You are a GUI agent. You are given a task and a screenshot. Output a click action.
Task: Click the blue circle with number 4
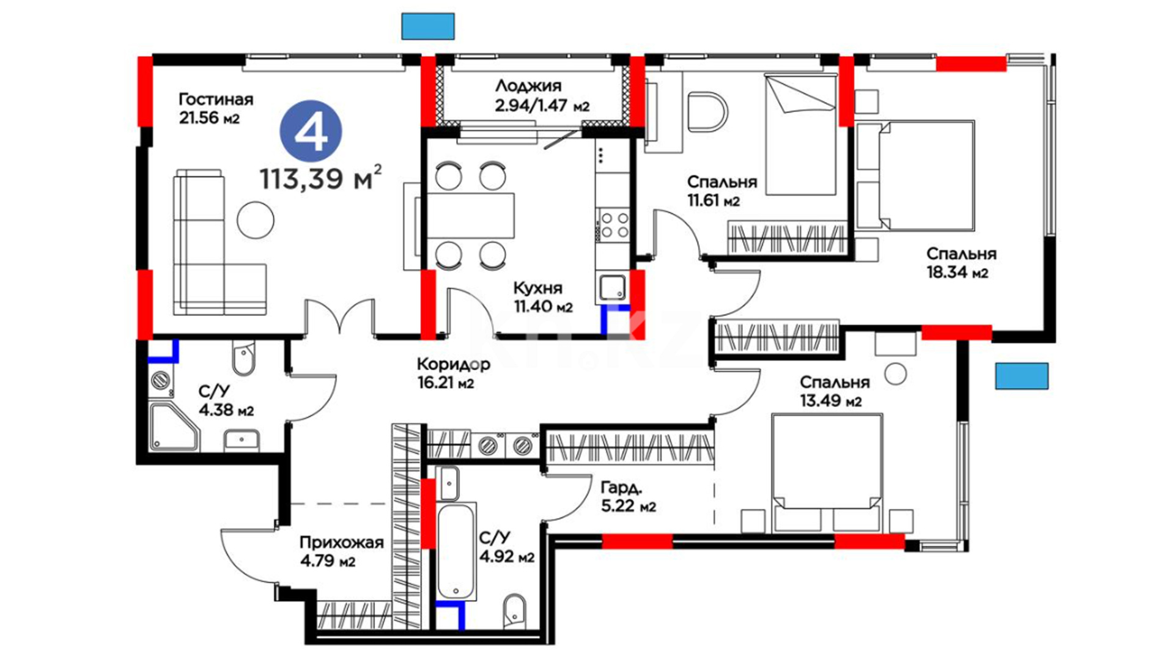(311, 131)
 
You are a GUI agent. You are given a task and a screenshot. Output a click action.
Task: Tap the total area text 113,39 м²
(321, 178)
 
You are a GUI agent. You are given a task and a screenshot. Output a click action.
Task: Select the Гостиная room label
(216, 99)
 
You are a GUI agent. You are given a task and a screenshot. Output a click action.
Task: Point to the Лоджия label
(528, 86)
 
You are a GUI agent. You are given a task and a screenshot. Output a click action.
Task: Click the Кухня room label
(537, 288)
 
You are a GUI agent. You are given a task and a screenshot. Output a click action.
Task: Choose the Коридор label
(453, 364)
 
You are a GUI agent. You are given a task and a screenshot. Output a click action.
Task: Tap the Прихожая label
(341, 543)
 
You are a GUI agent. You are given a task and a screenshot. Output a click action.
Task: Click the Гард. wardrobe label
(621, 488)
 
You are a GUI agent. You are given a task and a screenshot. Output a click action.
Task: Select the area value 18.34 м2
(957, 273)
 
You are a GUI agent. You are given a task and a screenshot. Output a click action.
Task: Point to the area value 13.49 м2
(831, 401)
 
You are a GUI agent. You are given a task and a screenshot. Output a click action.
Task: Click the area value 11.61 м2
(714, 200)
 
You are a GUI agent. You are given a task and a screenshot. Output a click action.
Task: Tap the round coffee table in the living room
(256, 219)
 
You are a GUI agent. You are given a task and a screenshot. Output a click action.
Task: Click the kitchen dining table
(470, 216)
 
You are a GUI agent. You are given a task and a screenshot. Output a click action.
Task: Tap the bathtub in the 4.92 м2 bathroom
(457, 552)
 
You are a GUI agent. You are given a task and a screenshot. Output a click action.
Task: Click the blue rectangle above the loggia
(428, 26)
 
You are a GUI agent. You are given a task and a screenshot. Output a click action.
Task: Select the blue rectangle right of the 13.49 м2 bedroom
(1022, 376)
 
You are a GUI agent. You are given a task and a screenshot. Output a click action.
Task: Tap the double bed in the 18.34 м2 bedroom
(914, 175)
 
